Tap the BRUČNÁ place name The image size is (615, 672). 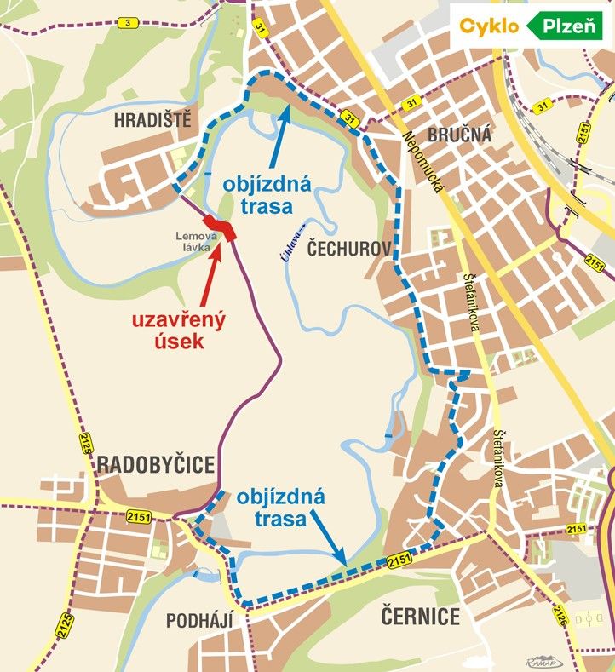(459, 134)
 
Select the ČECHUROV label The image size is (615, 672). (348, 249)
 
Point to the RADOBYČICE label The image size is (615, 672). (155, 464)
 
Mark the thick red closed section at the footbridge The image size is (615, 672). (224, 228)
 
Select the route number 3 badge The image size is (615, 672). (128, 22)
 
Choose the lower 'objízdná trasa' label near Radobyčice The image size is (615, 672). (281, 506)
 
